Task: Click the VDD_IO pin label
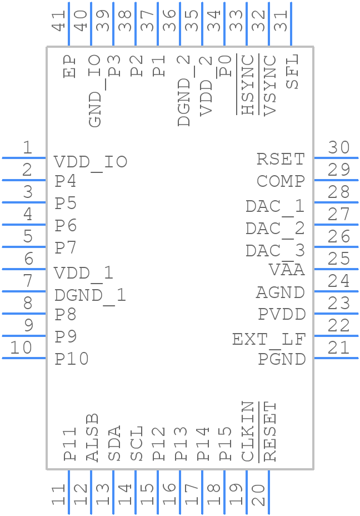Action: point(91,162)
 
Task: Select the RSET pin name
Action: point(281,159)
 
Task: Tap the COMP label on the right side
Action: point(281,181)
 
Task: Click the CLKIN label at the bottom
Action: point(248,431)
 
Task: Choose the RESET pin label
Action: point(270,431)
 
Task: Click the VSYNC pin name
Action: point(270,85)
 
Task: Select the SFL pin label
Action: point(292,72)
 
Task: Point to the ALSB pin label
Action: point(92,437)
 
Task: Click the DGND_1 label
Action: point(90,295)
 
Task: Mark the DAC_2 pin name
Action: point(275,229)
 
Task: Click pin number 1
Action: point(27,147)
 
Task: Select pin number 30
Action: point(338,147)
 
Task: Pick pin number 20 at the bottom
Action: point(258,494)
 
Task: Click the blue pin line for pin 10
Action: point(24,358)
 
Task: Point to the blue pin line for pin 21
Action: point(336,358)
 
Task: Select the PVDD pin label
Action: point(282,315)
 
